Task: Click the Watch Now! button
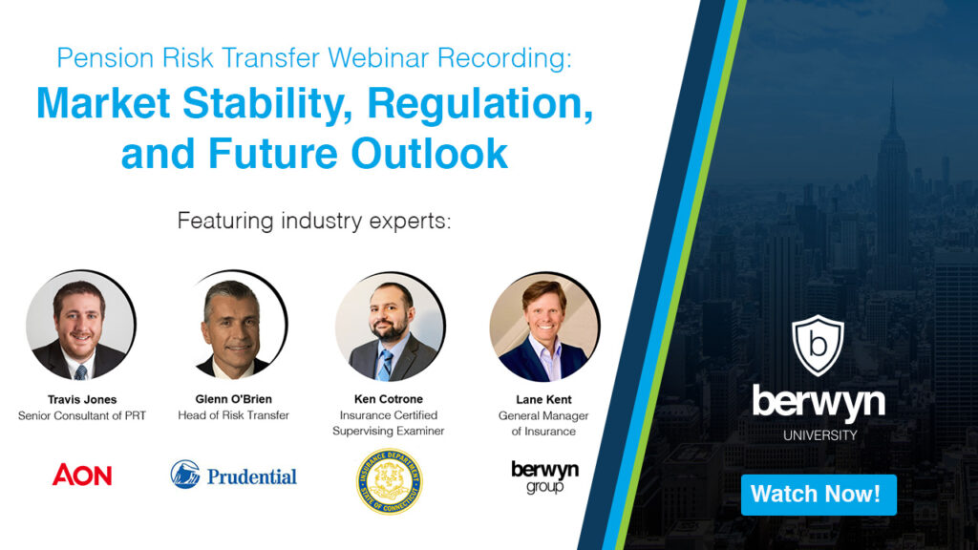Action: (819, 495)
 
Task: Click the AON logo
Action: (82, 475)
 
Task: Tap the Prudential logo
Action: (234, 475)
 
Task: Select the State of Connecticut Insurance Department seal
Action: (389, 481)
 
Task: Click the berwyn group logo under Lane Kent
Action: (544, 476)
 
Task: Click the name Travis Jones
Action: (81, 399)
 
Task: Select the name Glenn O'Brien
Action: (234, 399)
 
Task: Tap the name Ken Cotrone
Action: (389, 399)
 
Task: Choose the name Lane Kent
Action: (543, 399)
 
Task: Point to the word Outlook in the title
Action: (430, 154)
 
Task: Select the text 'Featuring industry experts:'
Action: (313, 222)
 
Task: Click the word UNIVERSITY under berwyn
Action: (819, 435)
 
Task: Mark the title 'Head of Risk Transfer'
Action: (234, 415)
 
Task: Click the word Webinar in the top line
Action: (376, 58)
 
